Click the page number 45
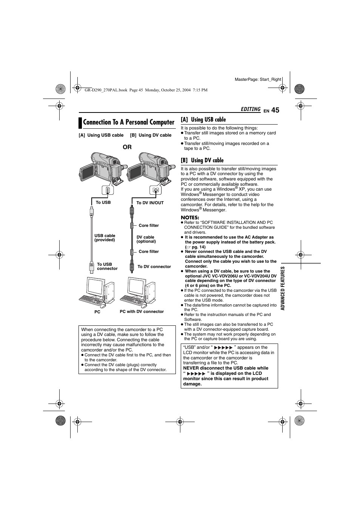[x=275, y=110]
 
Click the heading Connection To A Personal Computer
[x=128, y=122]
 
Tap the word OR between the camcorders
[x=127, y=147]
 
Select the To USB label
[x=103, y=203]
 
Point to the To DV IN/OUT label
[x=150, y=203]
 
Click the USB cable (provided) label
[x=105, y=238]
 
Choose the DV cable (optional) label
[x=146, y=239]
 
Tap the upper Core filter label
[x=149, y=226]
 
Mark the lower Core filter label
[x=149, y=252]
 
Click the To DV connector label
[x=154, y=267]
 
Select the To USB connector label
[x=107, y=267]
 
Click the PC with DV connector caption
[x=142, y=312]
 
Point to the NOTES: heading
[x=190, y=217]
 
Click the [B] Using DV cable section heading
[x=202, y=160]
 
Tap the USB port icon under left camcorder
[x=108, y=191]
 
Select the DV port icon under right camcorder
[x=155, y=191]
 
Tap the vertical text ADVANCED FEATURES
[x=283, y=288]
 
